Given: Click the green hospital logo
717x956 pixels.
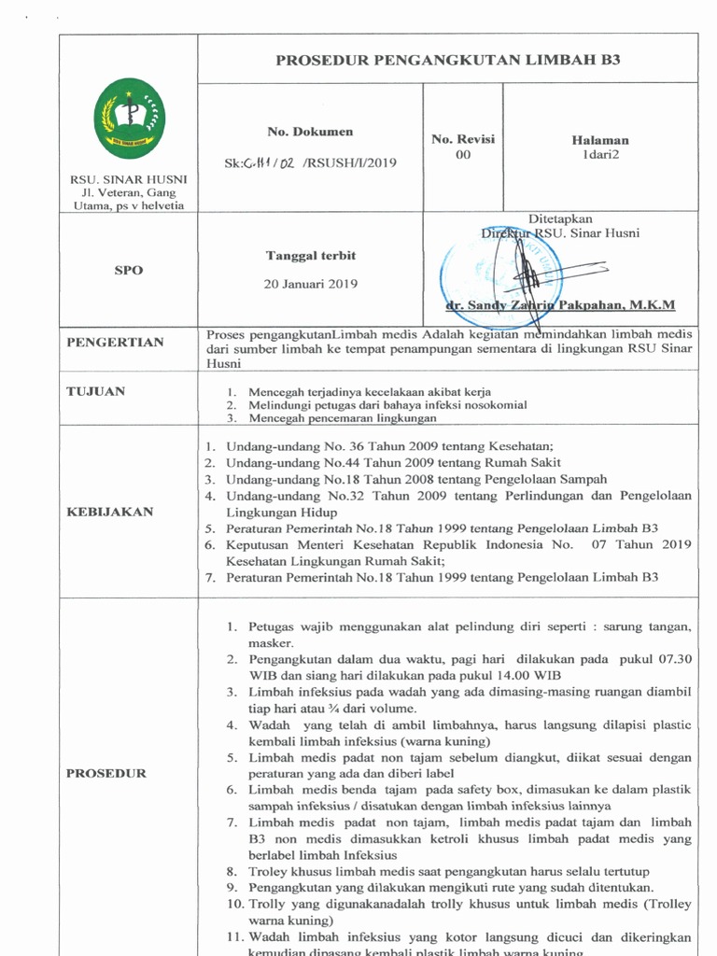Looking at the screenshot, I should click(x=129, y=119).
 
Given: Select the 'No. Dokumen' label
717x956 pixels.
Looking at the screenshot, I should click(x=310, y=132).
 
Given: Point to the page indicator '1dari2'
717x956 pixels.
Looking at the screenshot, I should click(x=600, y=155).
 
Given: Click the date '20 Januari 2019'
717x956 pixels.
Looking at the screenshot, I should click(x=310, y=284).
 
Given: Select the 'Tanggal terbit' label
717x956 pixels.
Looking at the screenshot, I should click(x=310, y=256).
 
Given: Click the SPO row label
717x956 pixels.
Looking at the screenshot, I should click(x=129, y=270).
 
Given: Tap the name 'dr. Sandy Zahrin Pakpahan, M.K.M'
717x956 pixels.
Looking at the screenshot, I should click(x=560, y=305).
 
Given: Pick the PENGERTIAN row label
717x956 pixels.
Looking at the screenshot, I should click(x=115, y=343).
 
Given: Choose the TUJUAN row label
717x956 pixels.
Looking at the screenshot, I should click(x=95, y=391).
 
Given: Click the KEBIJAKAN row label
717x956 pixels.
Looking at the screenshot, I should click(x=110, y=512).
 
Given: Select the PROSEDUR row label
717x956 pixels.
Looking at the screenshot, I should click(x=105, y=773).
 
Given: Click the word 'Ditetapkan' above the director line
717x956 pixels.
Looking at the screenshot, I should click(x=560, y=219).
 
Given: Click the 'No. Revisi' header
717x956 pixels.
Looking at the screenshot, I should click(x=463, y=139).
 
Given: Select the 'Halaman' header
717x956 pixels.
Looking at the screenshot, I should click(x=600, y=139).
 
